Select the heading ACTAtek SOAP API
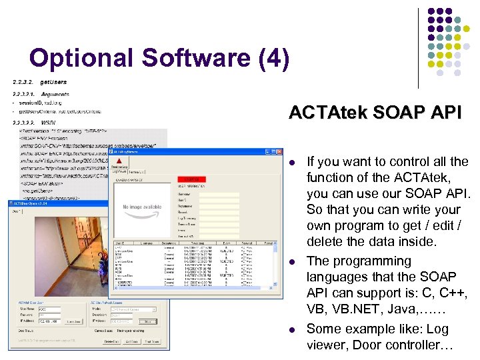click(375, 113)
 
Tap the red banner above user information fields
click(194, 179)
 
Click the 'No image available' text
click(142, 207)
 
